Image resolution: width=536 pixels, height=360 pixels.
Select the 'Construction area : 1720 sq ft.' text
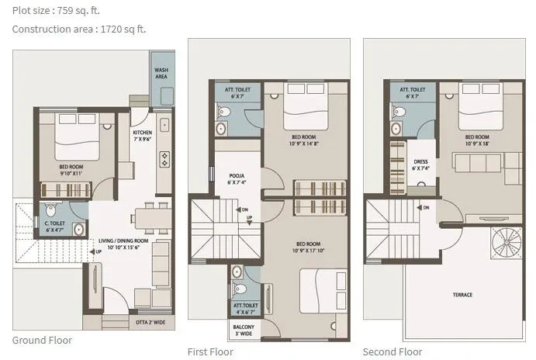pyautogui.click(x=79, y=29)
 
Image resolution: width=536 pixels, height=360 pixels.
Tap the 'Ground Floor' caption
pyautogui.click(x=43, y=340)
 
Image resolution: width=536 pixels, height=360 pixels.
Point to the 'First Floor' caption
pyautogui.click(x=210, y=351)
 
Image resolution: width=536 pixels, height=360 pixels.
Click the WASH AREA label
pyautogui.click(x=162, y=74)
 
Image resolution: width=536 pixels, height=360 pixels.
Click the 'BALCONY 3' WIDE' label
pyautogui.click(x=244, y=330)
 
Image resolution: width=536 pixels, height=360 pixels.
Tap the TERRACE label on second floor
pyautogui.click(x=462, y=295)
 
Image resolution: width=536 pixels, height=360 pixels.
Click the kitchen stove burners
pyautogui.click(x=164, y=159)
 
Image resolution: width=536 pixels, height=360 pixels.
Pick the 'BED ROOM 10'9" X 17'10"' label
pyautogui.click(x=308, y=247)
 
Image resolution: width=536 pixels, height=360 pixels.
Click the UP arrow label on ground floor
pyautogui.click(x=97, y=251)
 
